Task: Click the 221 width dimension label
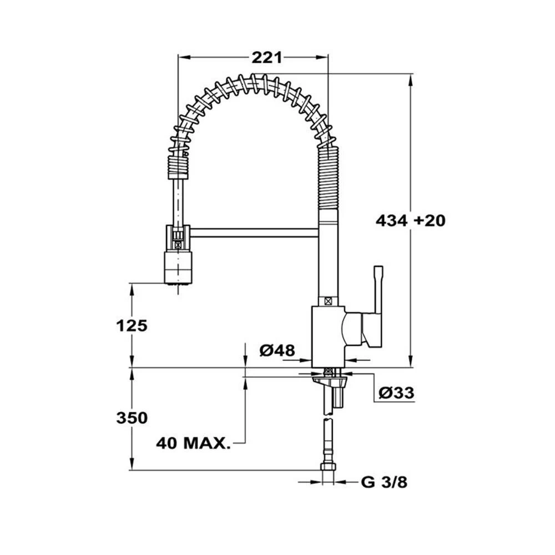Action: tap(267, 58)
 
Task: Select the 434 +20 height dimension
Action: tap(411, 220)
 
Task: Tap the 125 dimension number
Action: tap(132, 326)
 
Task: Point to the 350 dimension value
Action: tap(132, 418)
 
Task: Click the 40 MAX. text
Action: tap(194, 443)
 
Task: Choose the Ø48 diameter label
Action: tap(277, 350)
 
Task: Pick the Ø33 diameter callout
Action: tap(396, 392)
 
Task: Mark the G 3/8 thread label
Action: tap(384, 482)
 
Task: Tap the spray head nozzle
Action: tap(178, 268)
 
